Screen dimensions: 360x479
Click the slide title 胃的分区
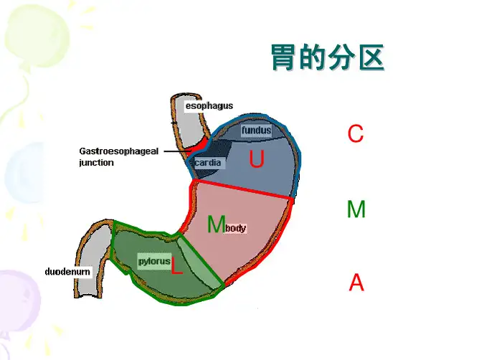pos(327,58)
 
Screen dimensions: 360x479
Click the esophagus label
pos(209,106)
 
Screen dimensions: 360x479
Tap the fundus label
pos(256,131)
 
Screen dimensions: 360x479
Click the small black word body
pos(236,228)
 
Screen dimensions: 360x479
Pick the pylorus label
pos(154,262)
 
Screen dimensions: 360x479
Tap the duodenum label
pos(67,273)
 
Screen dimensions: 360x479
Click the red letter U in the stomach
pos(257,160)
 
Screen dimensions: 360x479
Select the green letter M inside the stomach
pos(215,225)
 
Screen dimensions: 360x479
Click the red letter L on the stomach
pos(176,268)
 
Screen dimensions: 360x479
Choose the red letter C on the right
pos(356,134)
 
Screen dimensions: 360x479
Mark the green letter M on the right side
pos(356,209)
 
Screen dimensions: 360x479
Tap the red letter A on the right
pos(356,283)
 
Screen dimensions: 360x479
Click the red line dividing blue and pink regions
pos(244,189)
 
